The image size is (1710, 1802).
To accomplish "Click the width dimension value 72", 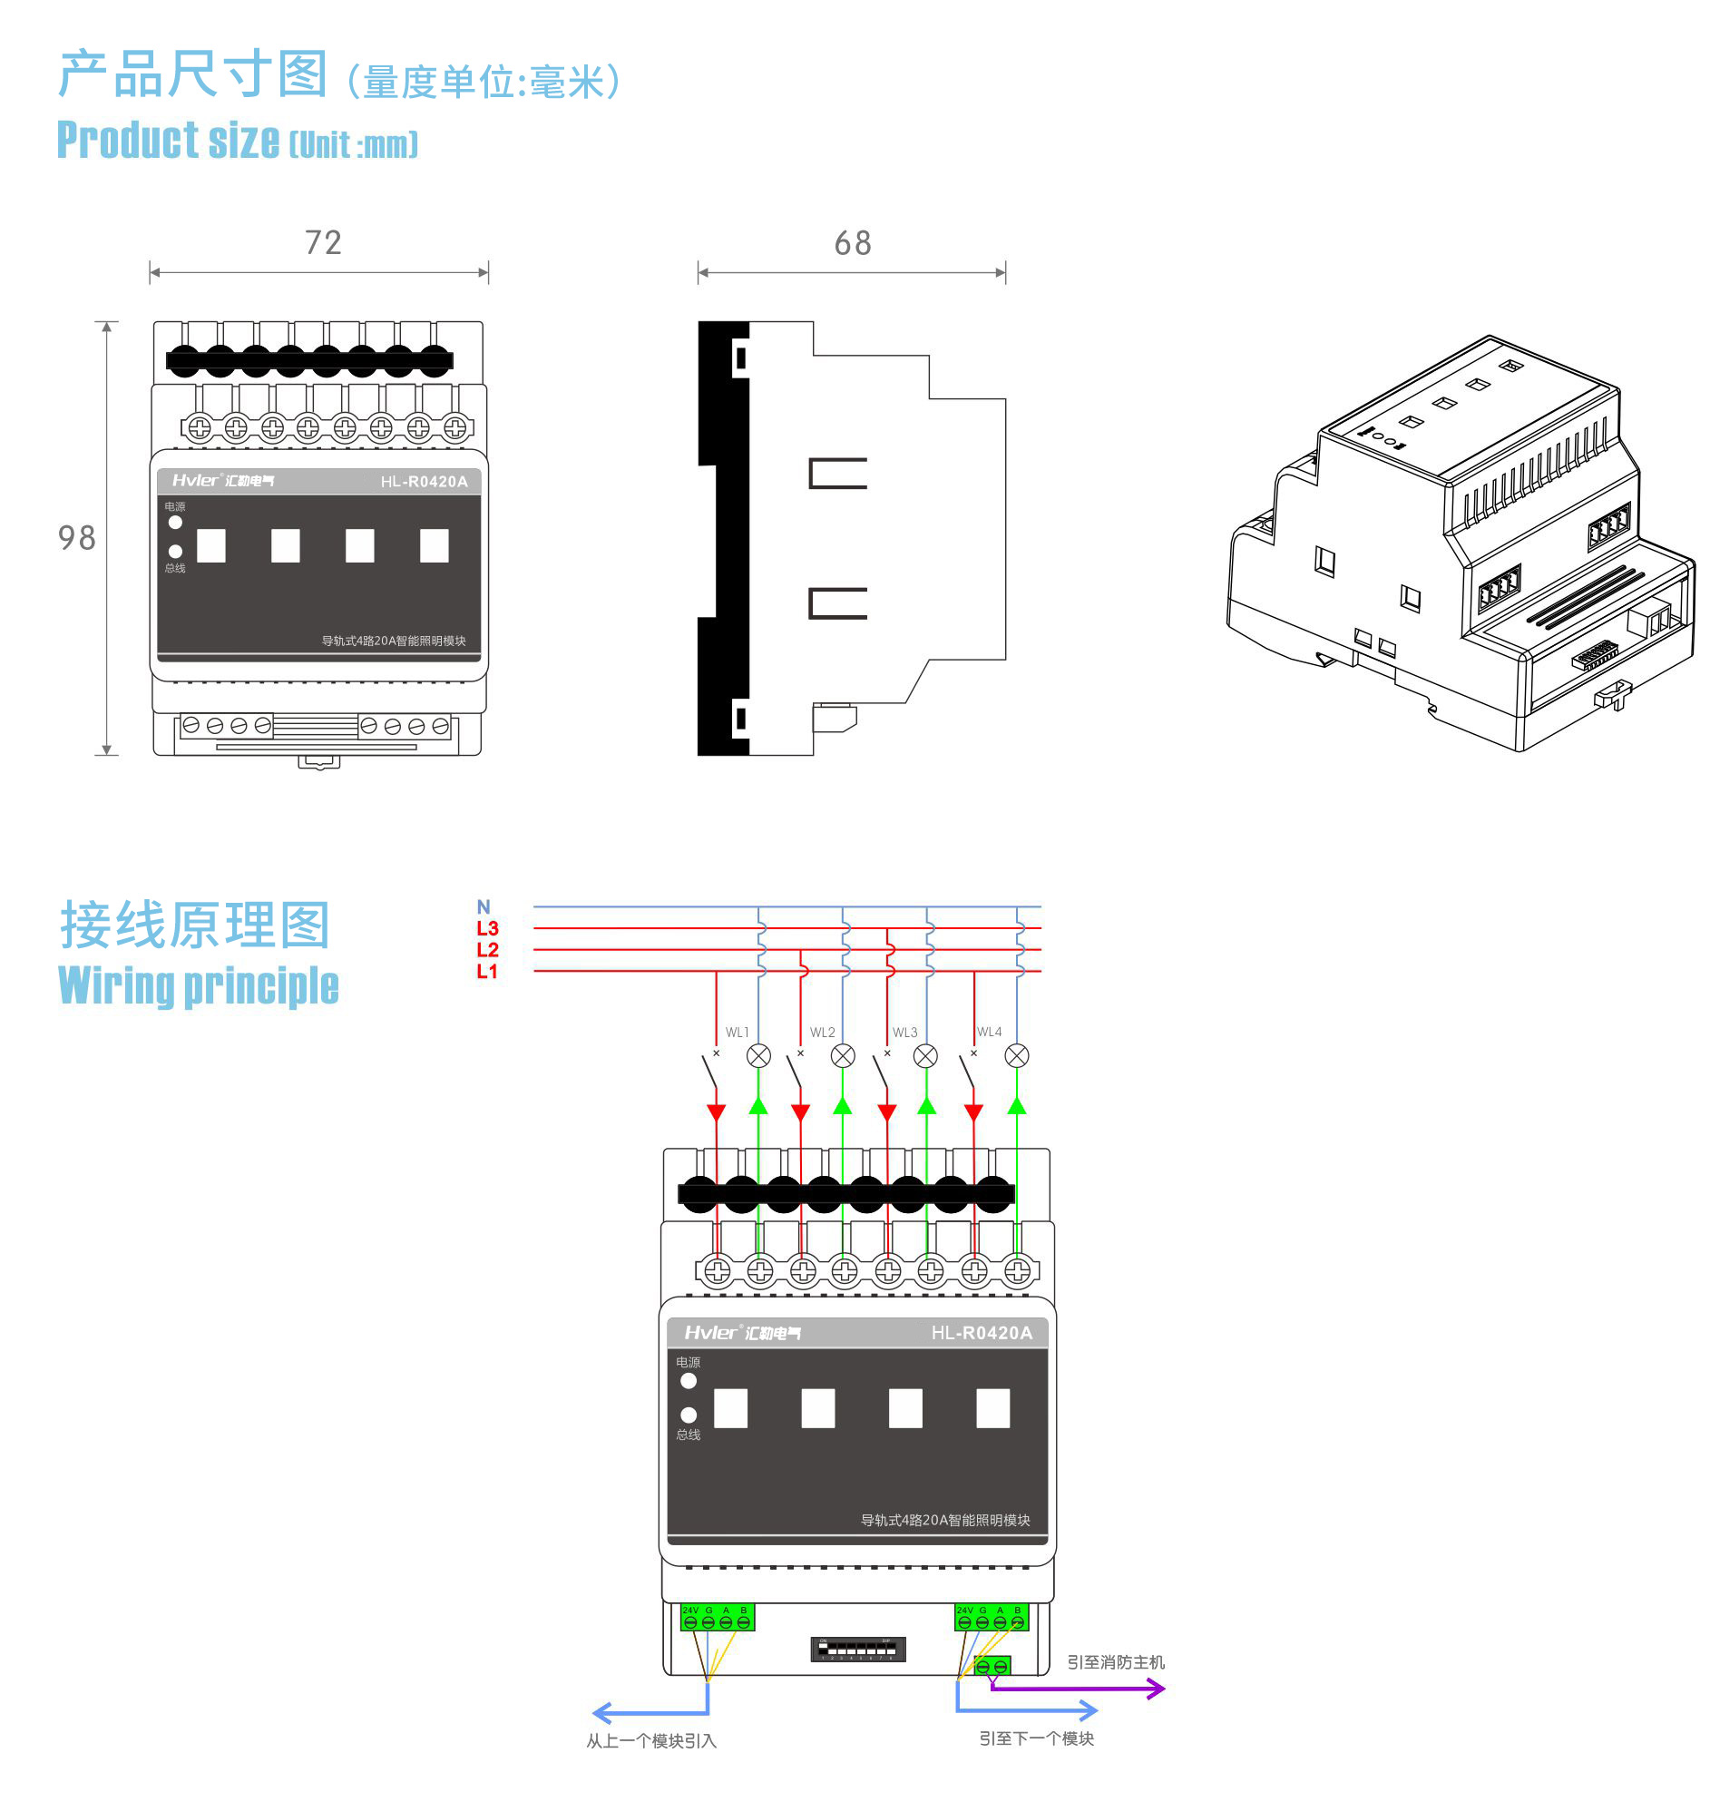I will click(x=323, y=242).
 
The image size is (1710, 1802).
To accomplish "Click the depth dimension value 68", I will click(x=852, y=243).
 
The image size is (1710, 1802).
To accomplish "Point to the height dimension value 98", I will click(x=76, y=538).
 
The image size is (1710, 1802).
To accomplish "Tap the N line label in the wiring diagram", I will click(x=484, y=907).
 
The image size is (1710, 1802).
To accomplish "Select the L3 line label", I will click(x=487, y=928).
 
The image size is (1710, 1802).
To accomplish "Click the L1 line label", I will click(x=487, y=972).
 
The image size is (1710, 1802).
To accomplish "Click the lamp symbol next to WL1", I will click(x=758, y=1055).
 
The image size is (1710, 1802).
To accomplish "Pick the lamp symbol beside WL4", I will click(x=1016, y=1055).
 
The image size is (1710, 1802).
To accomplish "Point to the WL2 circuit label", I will click(x=822, y=1033).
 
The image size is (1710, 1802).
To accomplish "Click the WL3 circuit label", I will click(x=905, y=1033).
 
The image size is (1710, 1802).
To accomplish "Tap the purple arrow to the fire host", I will click(x=1154, y=1689).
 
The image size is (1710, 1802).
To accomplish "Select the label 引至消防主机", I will click(x=1116, y=1662).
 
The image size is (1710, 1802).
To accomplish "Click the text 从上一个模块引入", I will click(x=650, y=1741).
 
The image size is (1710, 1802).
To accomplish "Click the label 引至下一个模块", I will click(x=1036, y=1738).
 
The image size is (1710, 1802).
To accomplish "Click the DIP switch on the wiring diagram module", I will click(x=858, y=1649).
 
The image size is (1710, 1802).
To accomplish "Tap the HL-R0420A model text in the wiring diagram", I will click(x=982, y=1333).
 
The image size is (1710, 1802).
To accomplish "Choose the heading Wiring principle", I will click(x=198, y=986).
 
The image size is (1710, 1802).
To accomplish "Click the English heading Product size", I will click(x=169, y=142).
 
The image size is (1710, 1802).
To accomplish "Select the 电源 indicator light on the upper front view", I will click(x=175, y=523).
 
